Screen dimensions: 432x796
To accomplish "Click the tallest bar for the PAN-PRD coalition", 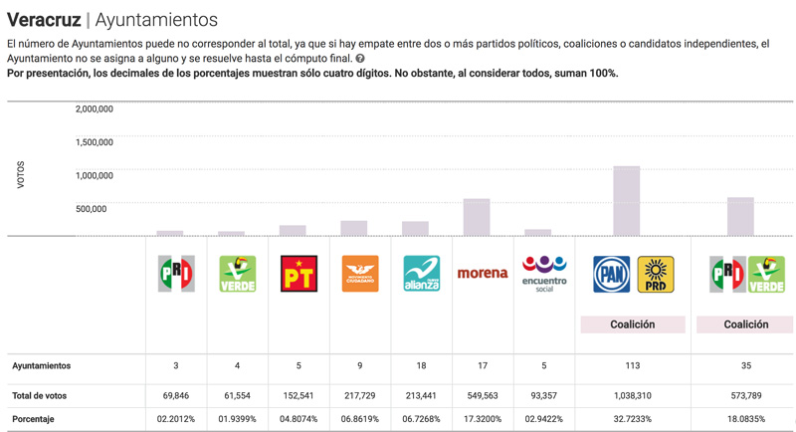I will [626, 201].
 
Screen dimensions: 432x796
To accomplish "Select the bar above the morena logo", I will [477, 217].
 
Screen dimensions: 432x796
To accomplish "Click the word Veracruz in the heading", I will [43, 19].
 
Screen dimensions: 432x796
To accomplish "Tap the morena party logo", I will [483, 273].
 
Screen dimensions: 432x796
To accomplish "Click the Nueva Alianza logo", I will [421, 274].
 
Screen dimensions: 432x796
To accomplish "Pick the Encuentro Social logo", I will [544, 273].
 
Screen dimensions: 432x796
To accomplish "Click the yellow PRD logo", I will [656, 274].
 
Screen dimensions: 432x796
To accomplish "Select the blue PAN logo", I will [611, 274].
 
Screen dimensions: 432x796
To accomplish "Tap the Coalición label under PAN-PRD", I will [633, 324].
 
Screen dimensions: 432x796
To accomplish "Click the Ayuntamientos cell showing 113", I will [633, 365].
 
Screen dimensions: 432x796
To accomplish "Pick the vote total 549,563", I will [483, 395].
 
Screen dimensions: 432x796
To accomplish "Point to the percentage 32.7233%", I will [633, 419].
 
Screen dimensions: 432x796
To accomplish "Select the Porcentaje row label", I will [34, 419].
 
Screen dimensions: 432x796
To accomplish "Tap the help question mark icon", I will [360, 59].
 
